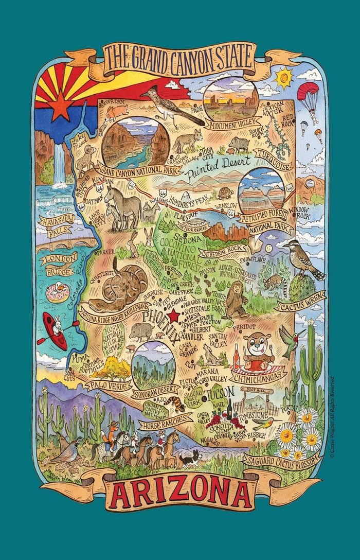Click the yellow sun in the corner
click(283, 78)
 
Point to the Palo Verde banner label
click(105, 383)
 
